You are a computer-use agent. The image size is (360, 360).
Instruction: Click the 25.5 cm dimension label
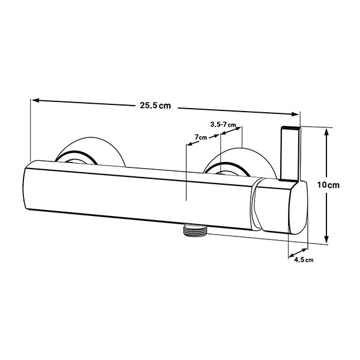click(155, 106)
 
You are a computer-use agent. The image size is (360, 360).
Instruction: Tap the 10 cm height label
click(328, 185)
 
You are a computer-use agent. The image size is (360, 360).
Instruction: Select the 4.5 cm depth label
click(304, 260)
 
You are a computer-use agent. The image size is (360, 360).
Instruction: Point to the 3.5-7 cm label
click(223, 124)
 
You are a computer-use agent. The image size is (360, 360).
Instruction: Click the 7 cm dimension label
click(200, 137)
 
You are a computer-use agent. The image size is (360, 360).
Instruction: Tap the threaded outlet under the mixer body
click(196, 230)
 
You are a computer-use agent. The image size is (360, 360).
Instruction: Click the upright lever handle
click(290, 154)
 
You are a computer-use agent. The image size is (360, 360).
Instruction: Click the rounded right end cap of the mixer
click(298, 208)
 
